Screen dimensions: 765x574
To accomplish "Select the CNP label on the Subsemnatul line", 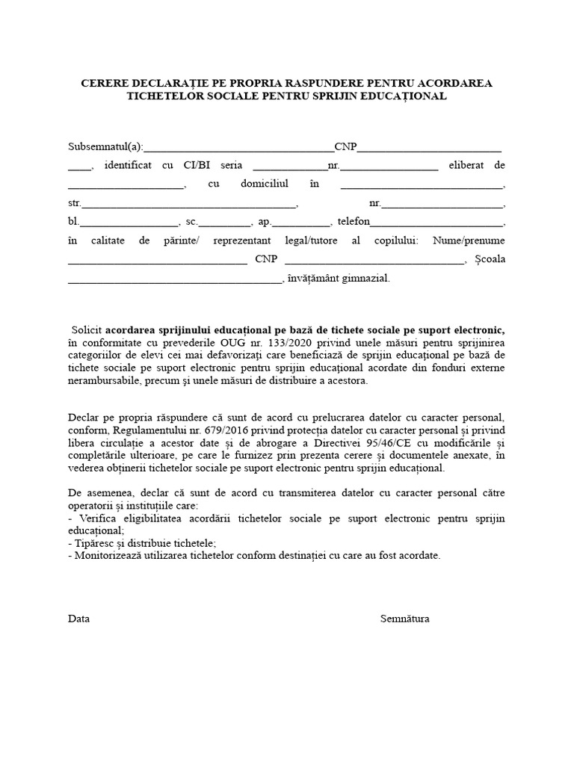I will pos(345,146).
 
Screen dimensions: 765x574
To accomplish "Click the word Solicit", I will pos(87,329).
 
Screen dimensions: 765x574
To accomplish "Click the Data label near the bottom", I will pos(78,619).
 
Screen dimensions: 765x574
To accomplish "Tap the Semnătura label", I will pos(404,619).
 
